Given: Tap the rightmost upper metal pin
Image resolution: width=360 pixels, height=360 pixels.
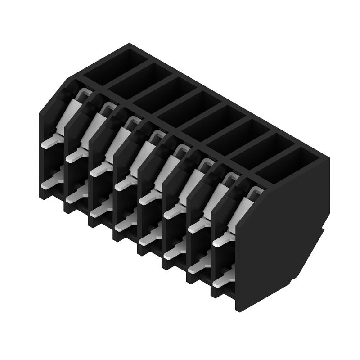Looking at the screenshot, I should (221, 241).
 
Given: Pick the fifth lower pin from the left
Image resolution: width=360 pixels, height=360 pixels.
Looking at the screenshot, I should (148, 238).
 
